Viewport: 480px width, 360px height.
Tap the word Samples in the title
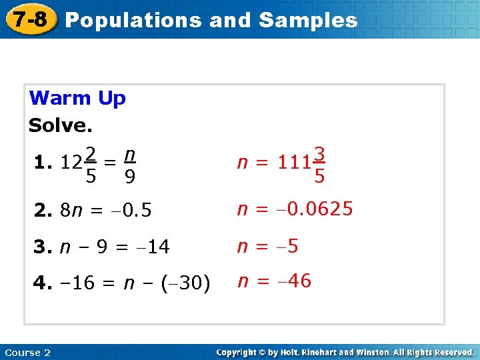308,20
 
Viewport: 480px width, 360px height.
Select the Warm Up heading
77,99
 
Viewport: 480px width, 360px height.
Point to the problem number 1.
42,162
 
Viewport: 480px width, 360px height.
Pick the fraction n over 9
131,165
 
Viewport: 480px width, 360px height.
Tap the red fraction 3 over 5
320,165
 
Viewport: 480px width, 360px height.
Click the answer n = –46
275,281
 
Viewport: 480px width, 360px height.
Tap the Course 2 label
27,352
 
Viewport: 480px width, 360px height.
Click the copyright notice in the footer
345,352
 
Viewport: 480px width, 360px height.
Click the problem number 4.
42,283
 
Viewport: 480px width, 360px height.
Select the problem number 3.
42,247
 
